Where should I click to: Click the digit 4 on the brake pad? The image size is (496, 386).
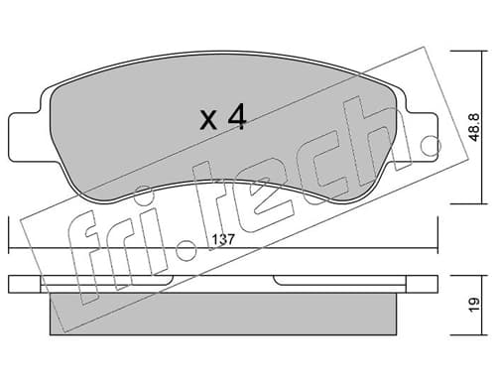click(x=237, y=116)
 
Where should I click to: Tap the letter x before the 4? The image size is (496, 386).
click(x=208, y=120)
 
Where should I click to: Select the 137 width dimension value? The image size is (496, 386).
click(x=223, y=239)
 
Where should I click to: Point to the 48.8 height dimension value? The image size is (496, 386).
click(x=475, y=127)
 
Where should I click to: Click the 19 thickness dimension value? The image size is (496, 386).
click(x=475, y=305)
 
